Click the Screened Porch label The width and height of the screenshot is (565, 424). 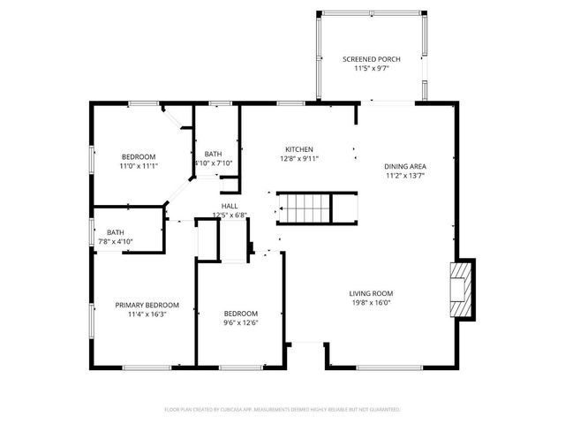(x=371, y=59)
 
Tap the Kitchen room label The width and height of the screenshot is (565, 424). (x=298, y=149)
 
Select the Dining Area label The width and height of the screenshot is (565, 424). (x=405, y=166)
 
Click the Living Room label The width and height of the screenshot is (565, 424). (x=371, y=293)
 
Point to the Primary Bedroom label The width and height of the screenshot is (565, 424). (x=140, y=305)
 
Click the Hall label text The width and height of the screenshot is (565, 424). (x=229, y=207)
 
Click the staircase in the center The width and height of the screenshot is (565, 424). (x=305, y=209)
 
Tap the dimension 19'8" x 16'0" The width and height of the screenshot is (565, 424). (x=371, y=302)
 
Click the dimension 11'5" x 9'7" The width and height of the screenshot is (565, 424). (x=371, y=68)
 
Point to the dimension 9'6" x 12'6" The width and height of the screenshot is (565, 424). (x=240, y=322)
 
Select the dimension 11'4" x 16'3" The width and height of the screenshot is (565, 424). (x=140, y=314)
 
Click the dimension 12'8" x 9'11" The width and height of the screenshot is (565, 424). (x=298, y=159)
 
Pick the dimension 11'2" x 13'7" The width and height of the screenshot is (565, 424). (x=405, y=175)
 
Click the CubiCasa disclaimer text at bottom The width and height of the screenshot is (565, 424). (x=282, y=409)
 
